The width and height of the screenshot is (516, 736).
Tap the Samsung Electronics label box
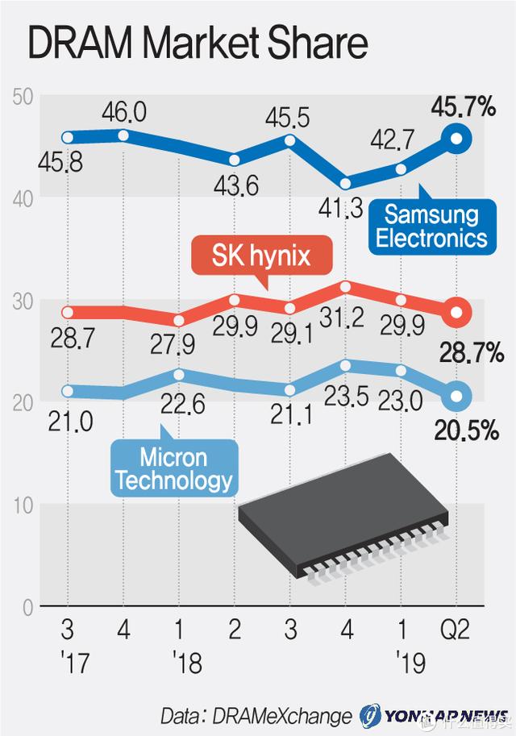[x=431, y=226]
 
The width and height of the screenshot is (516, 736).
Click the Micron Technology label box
[x=173, y=469]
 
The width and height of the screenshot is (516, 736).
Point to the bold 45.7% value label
[x=463, y=106]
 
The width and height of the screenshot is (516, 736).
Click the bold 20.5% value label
[x=465, y=431]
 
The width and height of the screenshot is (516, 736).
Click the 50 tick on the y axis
[x=22, y=96]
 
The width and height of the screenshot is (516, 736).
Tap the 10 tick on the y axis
[x=23, y=505]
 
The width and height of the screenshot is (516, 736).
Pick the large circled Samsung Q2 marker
[x=457, y=139]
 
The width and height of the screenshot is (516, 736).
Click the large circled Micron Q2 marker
[x=457, y=395]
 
